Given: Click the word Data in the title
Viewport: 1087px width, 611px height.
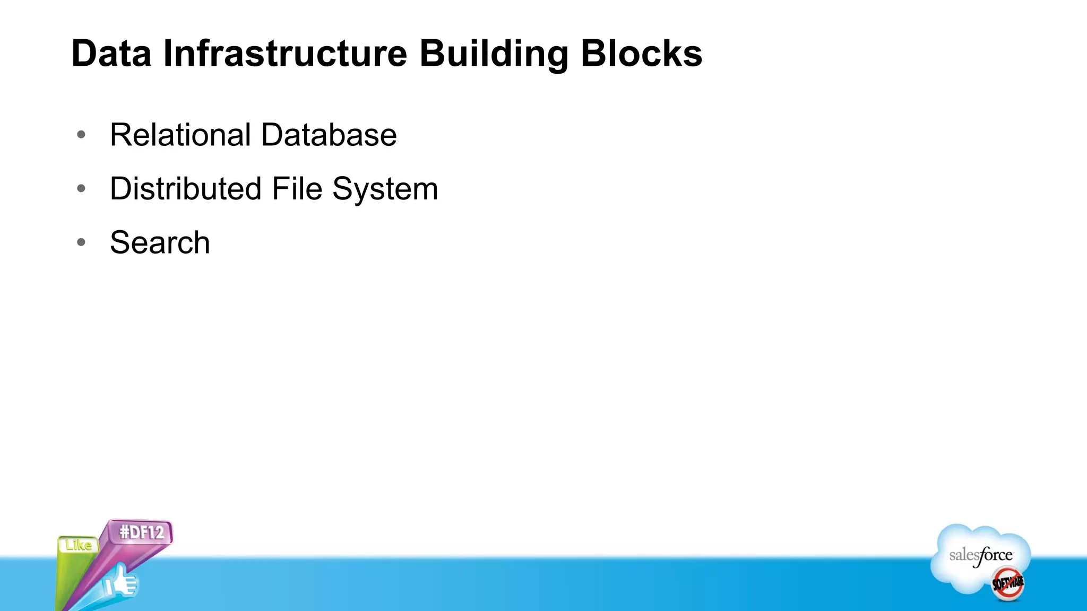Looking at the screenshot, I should point(111,54).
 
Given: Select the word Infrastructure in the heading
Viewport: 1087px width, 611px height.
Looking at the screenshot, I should point(285,54).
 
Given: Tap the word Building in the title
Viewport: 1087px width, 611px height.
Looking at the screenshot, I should point(494,55).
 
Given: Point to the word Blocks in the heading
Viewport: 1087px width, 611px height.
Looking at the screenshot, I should point(641,54).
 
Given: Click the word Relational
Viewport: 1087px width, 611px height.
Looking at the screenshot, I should point(180,135).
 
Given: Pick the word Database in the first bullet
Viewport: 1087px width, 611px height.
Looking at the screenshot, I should point(329,135).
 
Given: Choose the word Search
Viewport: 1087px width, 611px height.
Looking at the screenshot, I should point(160,243).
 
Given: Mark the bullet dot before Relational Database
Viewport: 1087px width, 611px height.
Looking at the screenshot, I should point(81,135).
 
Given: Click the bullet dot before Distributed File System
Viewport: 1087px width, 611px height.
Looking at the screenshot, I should point(81,189).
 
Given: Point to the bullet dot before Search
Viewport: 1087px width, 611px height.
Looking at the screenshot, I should point(81,243).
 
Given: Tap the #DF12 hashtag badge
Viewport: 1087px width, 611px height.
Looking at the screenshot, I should point(141,532).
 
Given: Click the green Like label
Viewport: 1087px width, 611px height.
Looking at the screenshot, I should point(79,545).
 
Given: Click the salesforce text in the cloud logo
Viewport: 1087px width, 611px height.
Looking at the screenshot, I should point(981,556).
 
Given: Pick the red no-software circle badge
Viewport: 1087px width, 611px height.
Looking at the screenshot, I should point(1008,584).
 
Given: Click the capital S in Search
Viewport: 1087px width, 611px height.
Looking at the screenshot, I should point(120,243).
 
